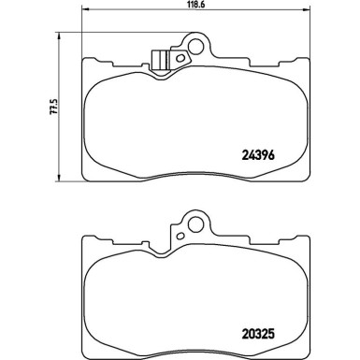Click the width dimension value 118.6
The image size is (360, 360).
coord(197,6)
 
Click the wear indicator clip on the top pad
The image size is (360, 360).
coord(161,58)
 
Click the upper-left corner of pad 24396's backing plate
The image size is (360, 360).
coord(85,60)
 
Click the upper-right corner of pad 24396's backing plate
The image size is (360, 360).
coord(310,60)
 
